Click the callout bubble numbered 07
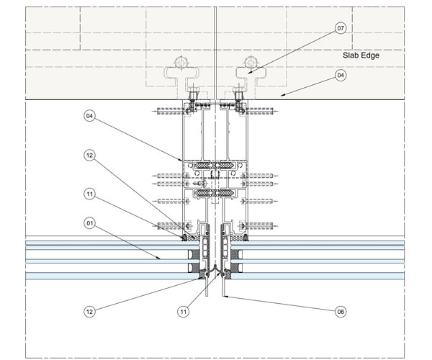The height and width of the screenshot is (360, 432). click(x=341, y=28)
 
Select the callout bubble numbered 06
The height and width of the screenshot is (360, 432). click(x=341, y=312)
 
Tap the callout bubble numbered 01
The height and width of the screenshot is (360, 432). click(x=89, y=222)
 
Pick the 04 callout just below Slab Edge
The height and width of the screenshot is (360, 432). click(x=341, y=75)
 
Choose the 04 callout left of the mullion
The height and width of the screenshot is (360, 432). click(x=89, y=116)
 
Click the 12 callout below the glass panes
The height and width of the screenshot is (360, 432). click(x=89, y=312)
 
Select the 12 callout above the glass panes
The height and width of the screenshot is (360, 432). click(x=89, y=156)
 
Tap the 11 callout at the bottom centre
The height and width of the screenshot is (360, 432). click(x=183, y=312)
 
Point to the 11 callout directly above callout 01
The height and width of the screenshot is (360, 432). click(x=89, y=194)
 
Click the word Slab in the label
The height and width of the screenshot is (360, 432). click(x=349, y=55)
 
